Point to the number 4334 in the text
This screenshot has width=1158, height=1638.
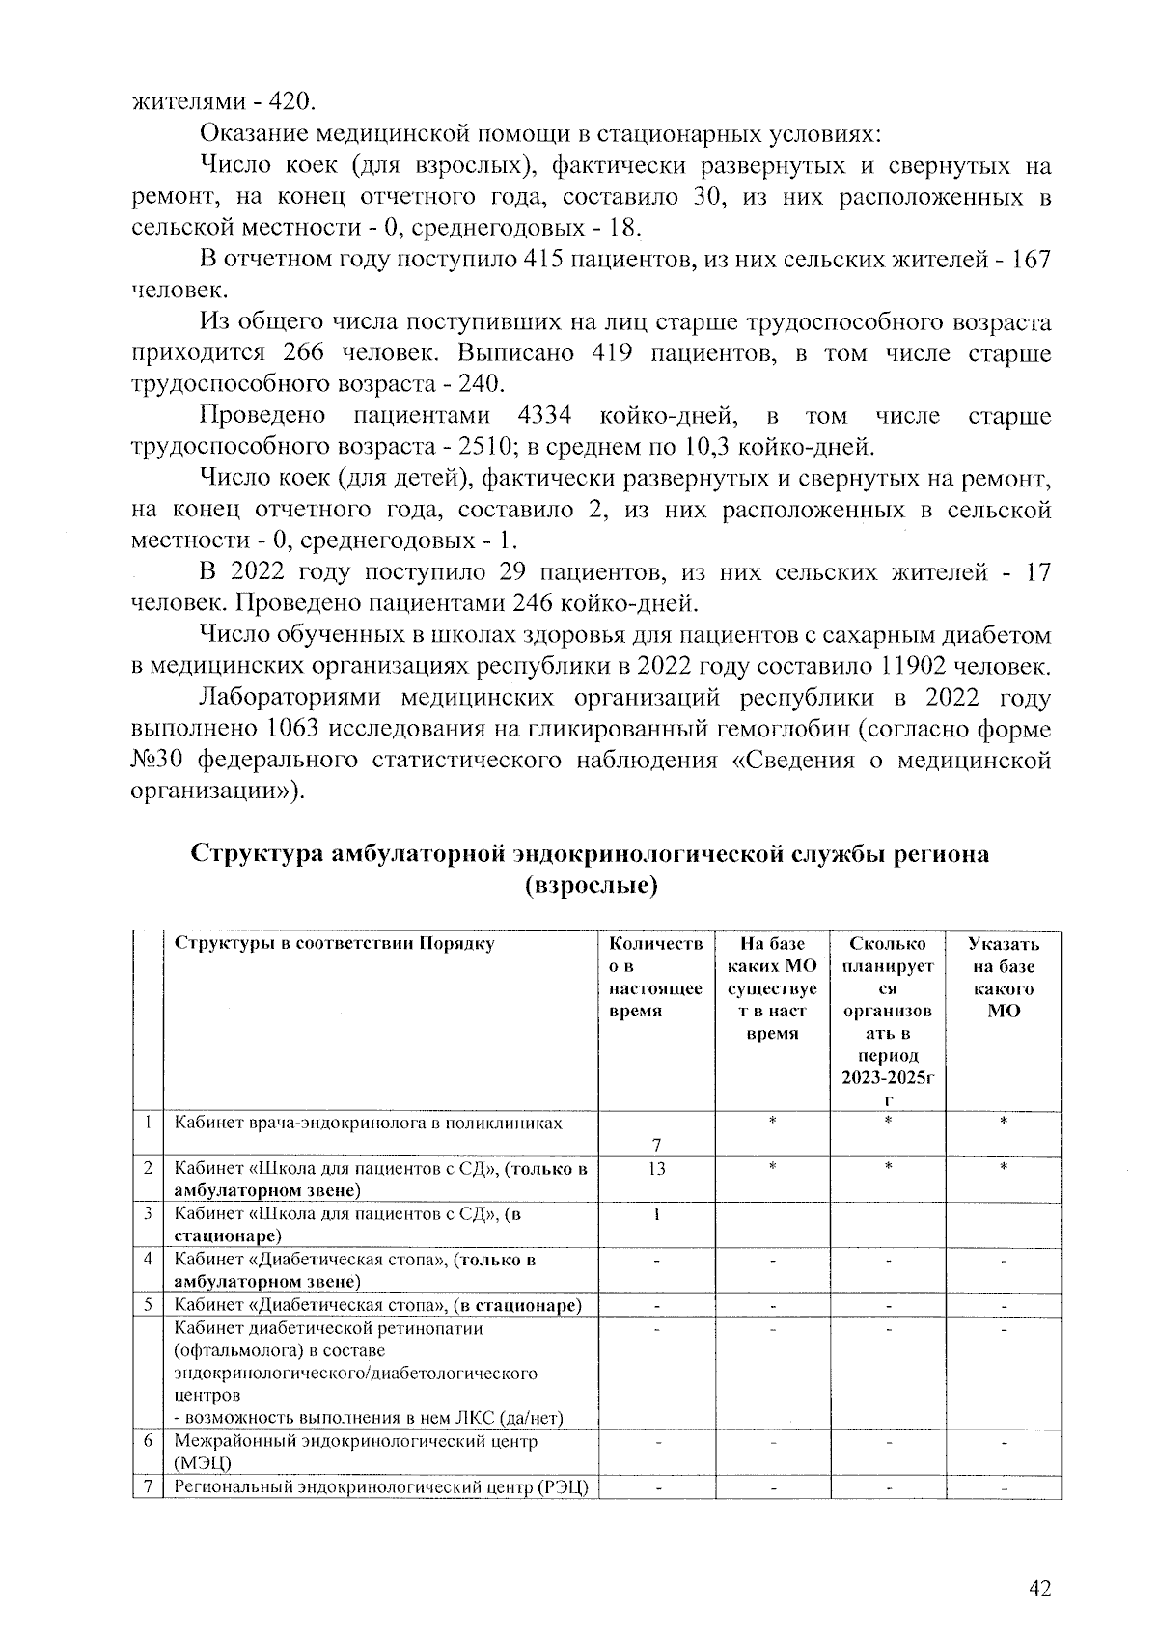tap(545, 416)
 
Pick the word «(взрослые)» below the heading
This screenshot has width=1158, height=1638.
tap(590, 886)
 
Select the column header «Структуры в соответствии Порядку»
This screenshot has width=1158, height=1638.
tap(334, 944)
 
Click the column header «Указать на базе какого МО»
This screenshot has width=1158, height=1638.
tap(1004, 977)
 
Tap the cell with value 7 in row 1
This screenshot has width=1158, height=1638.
tap(657, 1146)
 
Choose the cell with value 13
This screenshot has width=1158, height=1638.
tap(657, 1169)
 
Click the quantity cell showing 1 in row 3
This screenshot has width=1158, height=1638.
tap(657, 1215)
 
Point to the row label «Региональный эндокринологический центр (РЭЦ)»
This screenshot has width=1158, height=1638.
tap(381, 1486)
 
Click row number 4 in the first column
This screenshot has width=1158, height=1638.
tap(149, 1260)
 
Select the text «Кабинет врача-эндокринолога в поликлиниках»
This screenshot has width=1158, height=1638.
tap(368, 1124)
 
